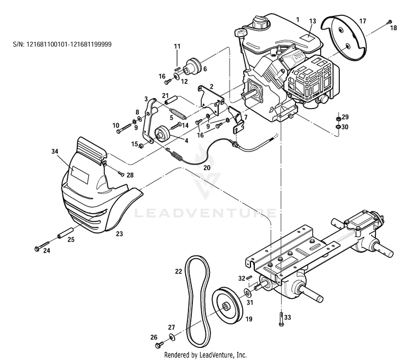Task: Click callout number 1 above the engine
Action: coord(298,19)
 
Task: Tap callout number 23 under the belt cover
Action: coord(119,234)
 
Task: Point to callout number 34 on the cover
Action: coord(54,150)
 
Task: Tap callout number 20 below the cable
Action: coord(207,168)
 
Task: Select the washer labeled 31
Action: coord(248,287)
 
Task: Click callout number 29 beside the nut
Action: coord(345,117)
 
